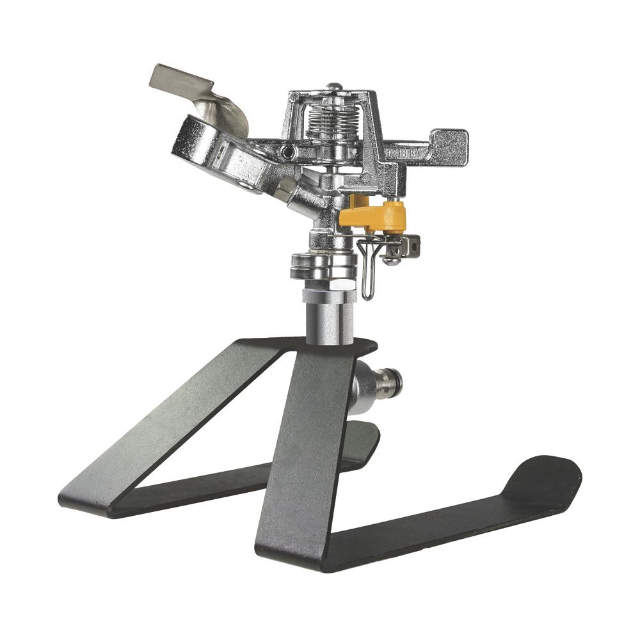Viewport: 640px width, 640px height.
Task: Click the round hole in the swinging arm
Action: (289, 152)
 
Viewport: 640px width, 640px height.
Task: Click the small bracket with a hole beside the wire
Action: (410, 244)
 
